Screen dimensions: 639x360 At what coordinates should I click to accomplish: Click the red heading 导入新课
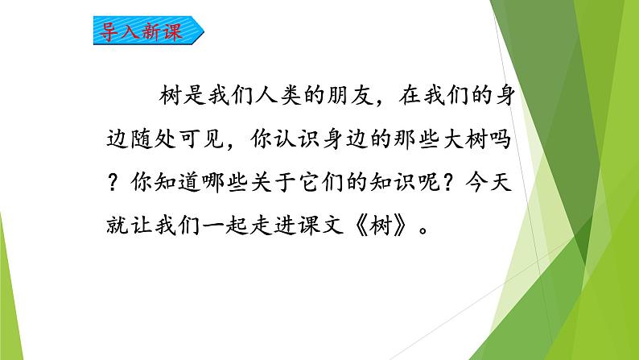pyautogui.click(x=141, y=31)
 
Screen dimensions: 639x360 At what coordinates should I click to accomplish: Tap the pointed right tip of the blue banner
pyautogui.click(x=204, y=30)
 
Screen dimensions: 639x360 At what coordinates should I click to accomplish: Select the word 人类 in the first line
pyautogui.click(x=278, y=96)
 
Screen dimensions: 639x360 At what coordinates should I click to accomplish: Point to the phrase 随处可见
pyautogui.click(x=177, y=139)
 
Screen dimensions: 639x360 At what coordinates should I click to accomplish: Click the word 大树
pyautogui.click(x=465, y=139)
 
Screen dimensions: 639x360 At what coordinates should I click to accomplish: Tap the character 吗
pyautogui.click(x=501, y=139)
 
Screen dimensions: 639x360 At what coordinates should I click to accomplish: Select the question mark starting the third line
pyautogui.click(x=113, y=182)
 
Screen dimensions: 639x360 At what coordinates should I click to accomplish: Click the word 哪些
pyautogui.click(x=225, y=182)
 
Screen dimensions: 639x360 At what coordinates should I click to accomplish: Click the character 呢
pyautogui.click(x=429, y=182)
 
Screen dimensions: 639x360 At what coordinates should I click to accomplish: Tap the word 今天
pyautogui.click(x=489, y=181)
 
